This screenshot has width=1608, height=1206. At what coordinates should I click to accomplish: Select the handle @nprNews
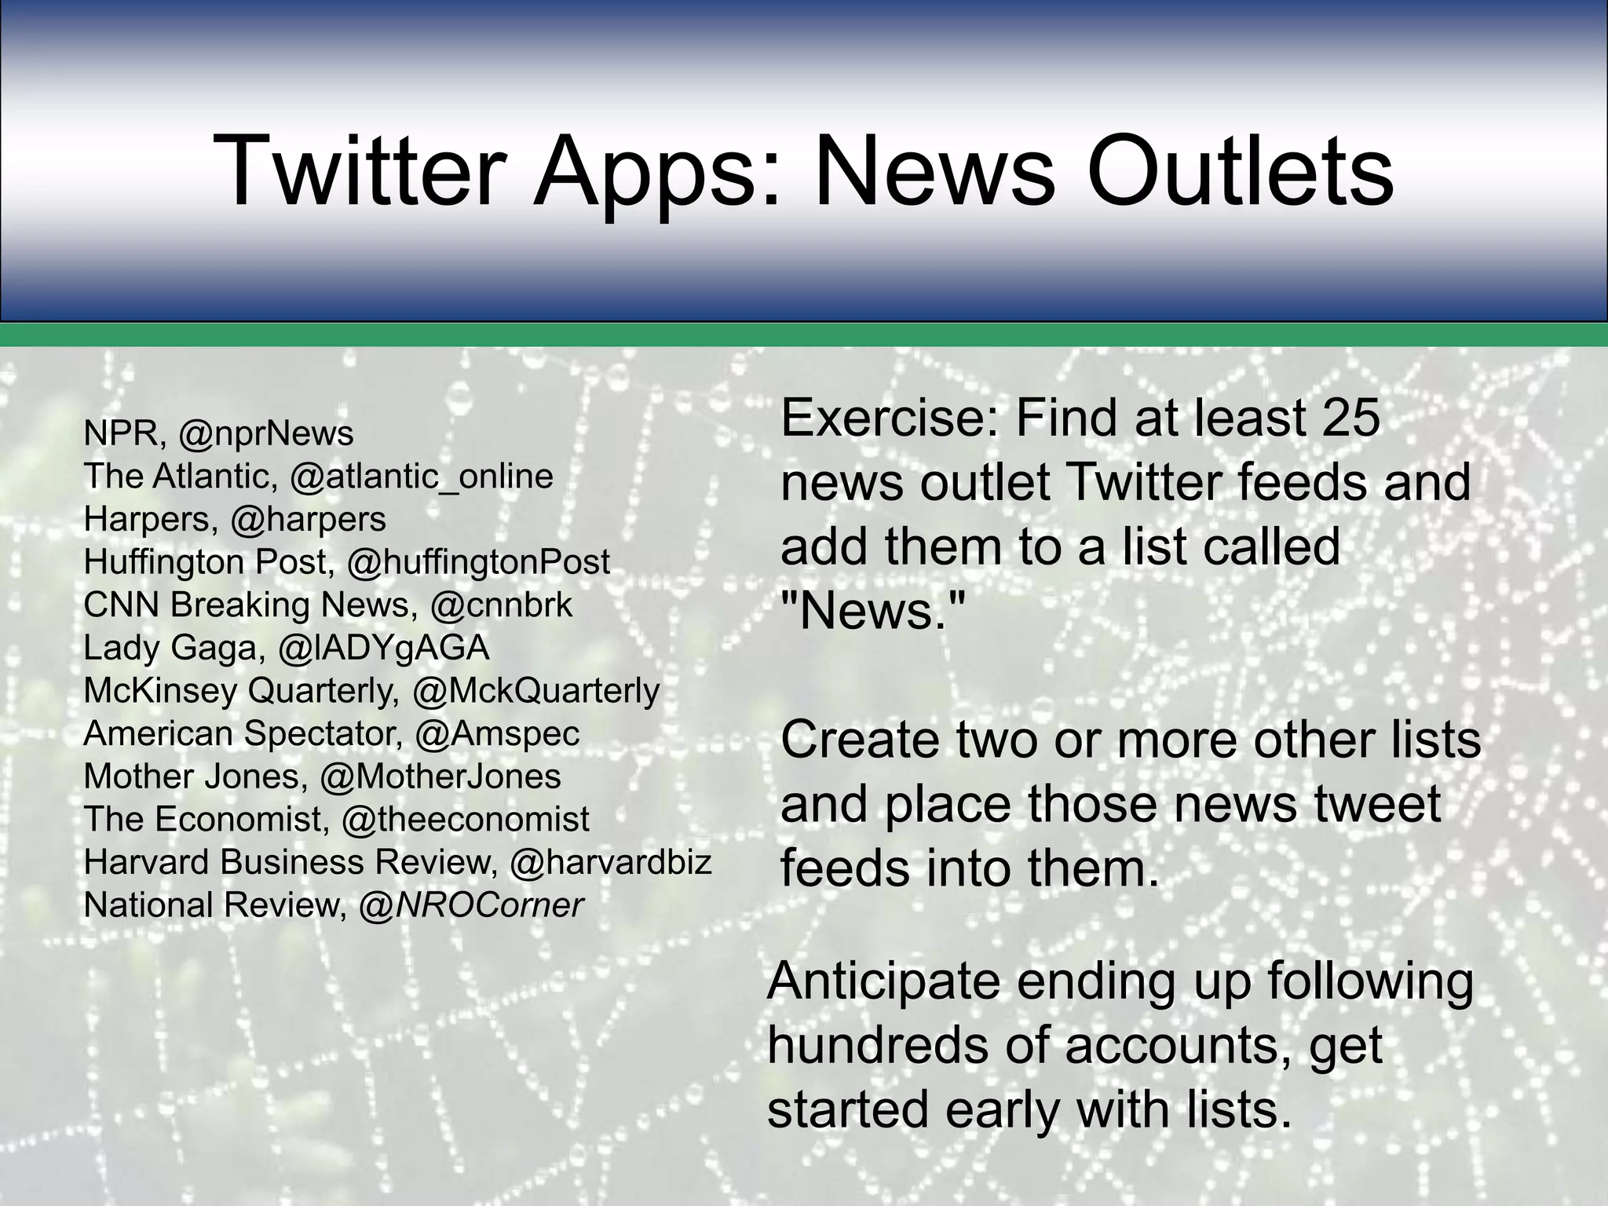[x=266, y=433]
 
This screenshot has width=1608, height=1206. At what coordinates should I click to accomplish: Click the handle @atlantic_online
[x=422, y=476]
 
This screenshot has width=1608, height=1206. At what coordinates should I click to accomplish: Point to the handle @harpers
[x=308, y=519]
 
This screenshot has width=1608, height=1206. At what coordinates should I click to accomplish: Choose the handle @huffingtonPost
[x=478, y=561]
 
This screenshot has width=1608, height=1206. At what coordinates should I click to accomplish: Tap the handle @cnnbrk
[x=502, y=605]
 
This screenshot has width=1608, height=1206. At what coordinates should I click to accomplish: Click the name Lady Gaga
[x=170, y=648]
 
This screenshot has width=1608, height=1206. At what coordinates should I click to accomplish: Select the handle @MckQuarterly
[x=535, y=690]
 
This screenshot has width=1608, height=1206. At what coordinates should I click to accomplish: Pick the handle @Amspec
[x=497, y=733]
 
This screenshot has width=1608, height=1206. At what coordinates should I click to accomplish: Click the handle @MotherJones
[x=440, y=777]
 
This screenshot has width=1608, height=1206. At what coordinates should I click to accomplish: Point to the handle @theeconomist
[x=465, y=819]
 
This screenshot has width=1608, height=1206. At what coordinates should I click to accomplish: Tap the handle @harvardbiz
[x=610, y=862]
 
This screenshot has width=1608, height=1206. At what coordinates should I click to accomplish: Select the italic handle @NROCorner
[x=471, y=905]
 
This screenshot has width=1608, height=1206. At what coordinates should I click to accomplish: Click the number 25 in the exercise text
[x=1350, y=418]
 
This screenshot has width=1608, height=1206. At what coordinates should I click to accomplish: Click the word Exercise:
[x=890, y=418]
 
